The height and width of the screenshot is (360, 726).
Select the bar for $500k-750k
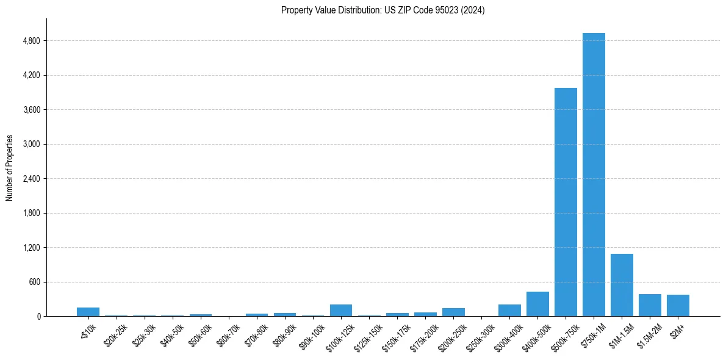tap(566, 202)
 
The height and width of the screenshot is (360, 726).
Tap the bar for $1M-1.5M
tap(622, 285)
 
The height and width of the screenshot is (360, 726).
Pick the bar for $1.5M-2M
tap(650, 305)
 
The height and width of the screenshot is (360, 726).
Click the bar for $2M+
tap(678, 306)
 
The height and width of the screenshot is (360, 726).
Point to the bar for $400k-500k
tap(537, 304)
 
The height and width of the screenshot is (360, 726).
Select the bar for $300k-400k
tap(509, 310)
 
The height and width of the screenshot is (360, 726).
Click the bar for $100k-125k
tap(341, 310)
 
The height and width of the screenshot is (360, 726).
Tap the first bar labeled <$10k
tap(88, 312)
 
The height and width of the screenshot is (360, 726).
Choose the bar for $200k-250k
tap(453, 312)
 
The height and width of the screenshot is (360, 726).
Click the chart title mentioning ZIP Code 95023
tap(383, 10)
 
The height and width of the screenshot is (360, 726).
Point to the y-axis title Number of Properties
tap(10, 168)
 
